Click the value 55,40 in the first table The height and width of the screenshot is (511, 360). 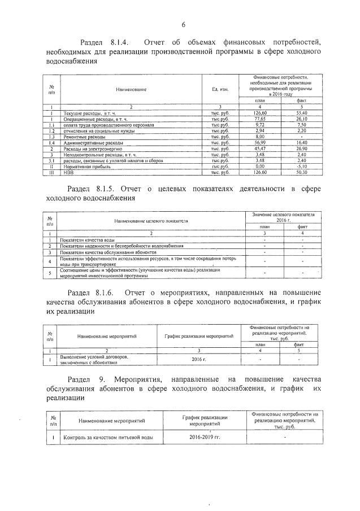[x=301, y=113]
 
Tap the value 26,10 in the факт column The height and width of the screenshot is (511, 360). [x=301, y=119]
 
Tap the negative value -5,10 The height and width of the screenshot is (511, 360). [x=301, y=167]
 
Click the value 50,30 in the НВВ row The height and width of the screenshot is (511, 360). [x=301, y=173]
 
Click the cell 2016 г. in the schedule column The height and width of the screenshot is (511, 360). [x=195, y=359]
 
